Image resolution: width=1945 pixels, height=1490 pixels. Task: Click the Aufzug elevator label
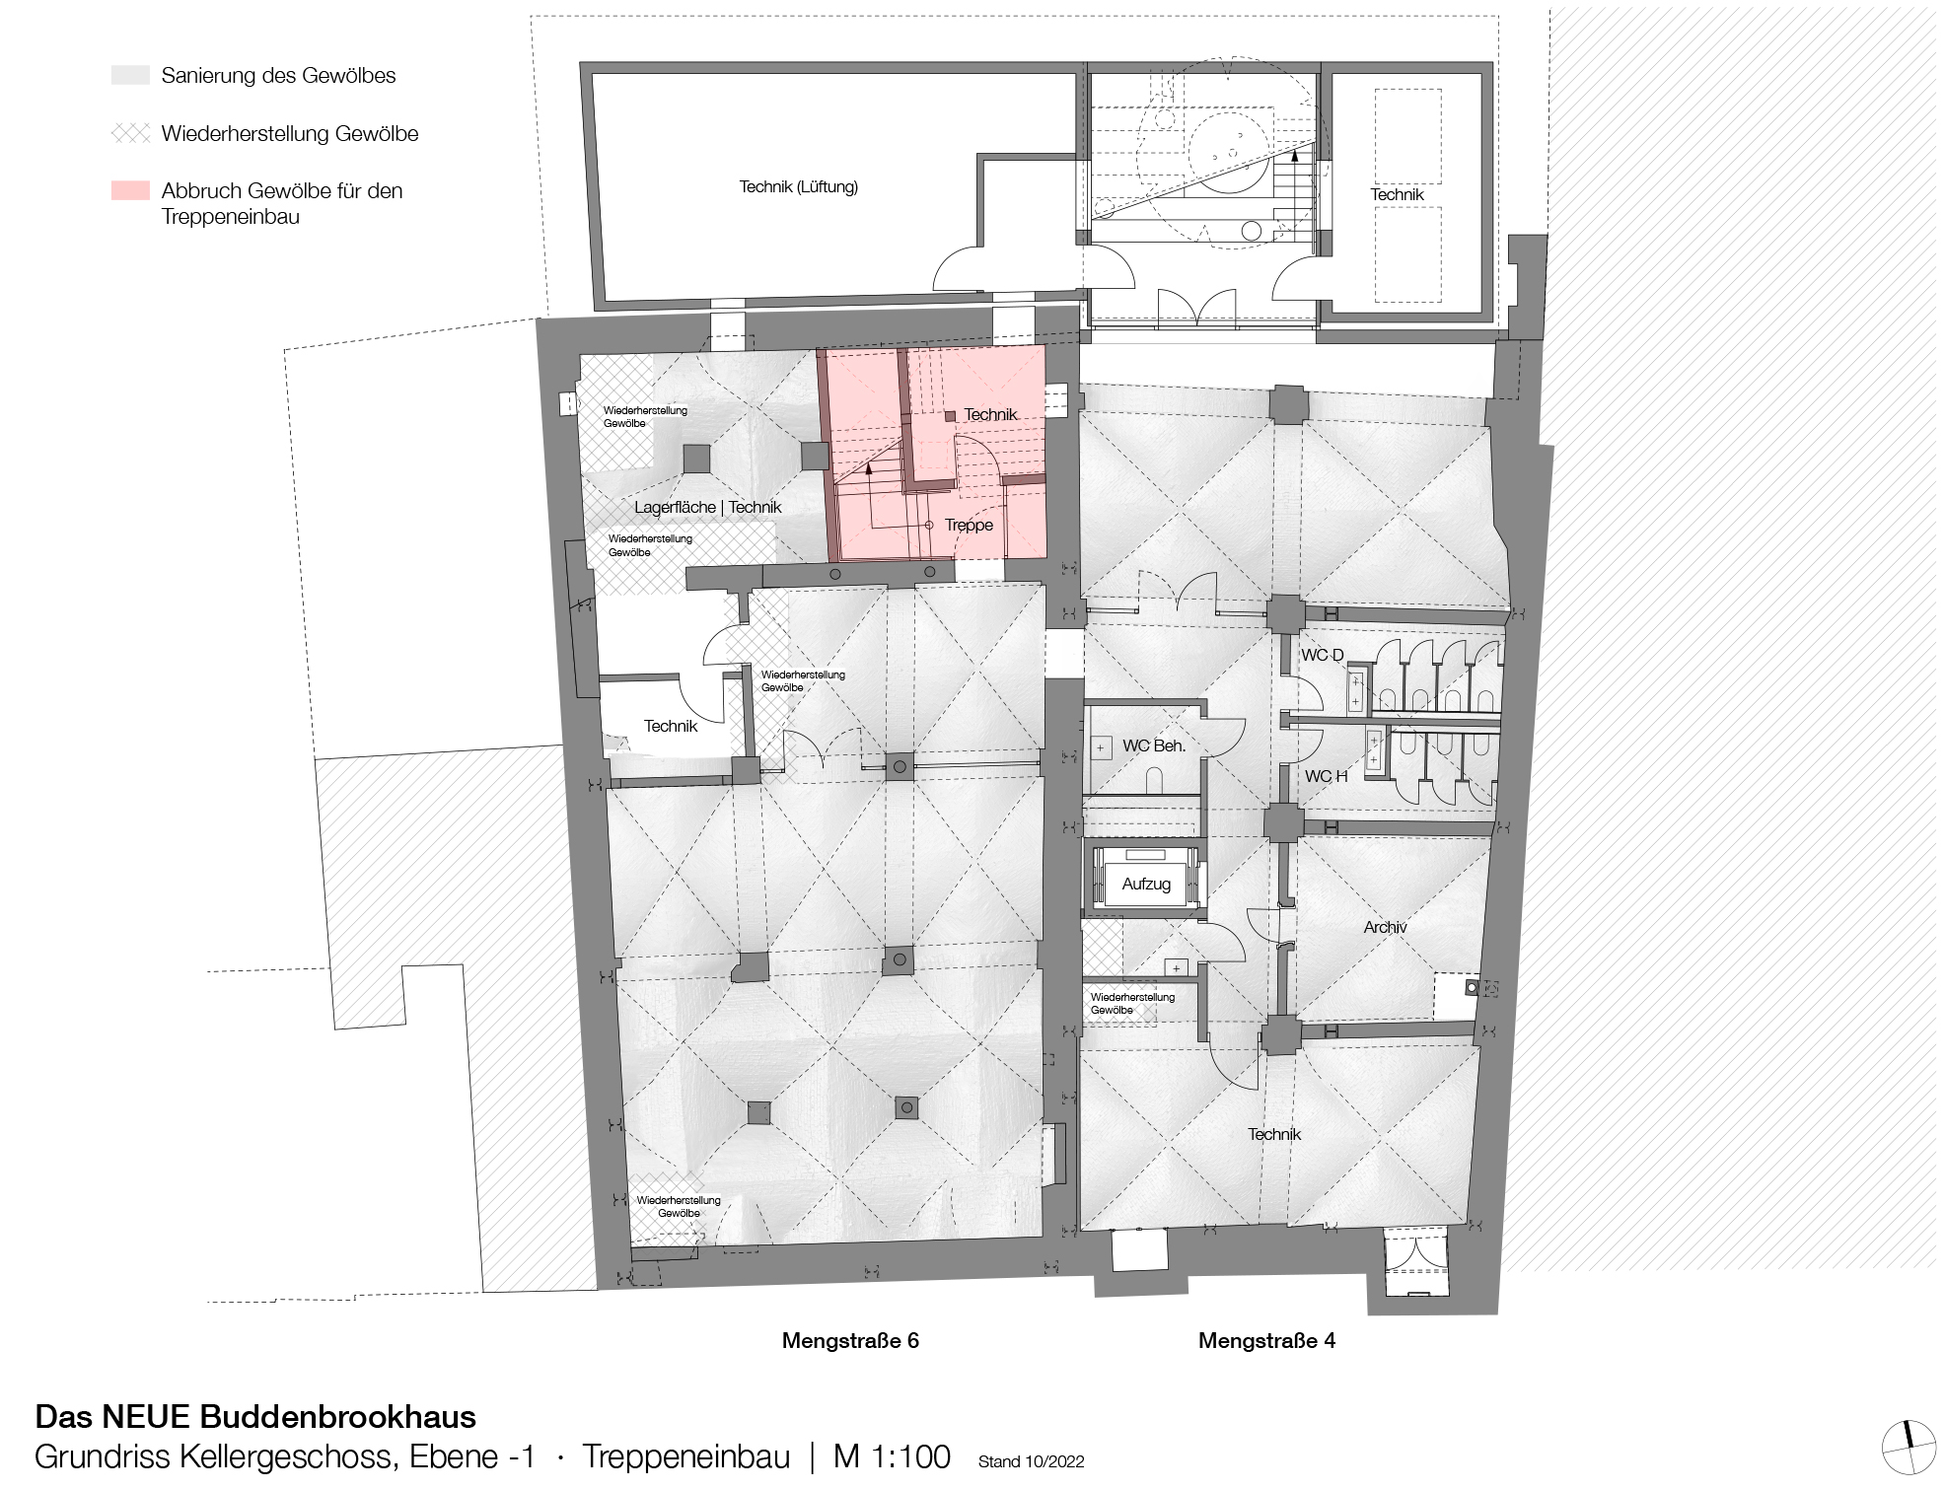point(1146,884)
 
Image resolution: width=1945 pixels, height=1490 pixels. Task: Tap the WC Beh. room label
point(1154,745)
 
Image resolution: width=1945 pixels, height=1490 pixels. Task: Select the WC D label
point(1323,655)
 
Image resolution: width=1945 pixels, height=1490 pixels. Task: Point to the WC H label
point(1326,776)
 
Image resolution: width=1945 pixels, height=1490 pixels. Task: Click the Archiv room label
point(1385,927)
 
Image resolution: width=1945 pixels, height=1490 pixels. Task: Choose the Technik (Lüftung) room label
point(799,186)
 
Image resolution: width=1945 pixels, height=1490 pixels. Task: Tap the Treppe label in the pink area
point(969,525)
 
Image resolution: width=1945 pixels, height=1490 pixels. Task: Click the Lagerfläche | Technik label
point(707,507)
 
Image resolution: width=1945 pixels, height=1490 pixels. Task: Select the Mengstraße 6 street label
point(850,1340)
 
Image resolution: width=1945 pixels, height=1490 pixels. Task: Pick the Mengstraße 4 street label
point(1266,1340)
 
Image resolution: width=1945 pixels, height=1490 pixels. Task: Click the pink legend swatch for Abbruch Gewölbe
point(130,190)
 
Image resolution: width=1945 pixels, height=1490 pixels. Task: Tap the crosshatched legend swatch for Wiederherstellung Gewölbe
point(130,133)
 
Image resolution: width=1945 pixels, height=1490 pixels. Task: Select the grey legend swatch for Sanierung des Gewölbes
point(130,75)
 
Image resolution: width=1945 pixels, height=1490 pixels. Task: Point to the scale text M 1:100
point(892,1456)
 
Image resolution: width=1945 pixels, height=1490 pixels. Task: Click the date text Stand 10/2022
point(1031,1461)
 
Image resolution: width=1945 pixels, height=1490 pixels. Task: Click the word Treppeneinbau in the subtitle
point(685,1456)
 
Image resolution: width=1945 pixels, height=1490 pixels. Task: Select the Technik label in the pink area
point(990,414)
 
